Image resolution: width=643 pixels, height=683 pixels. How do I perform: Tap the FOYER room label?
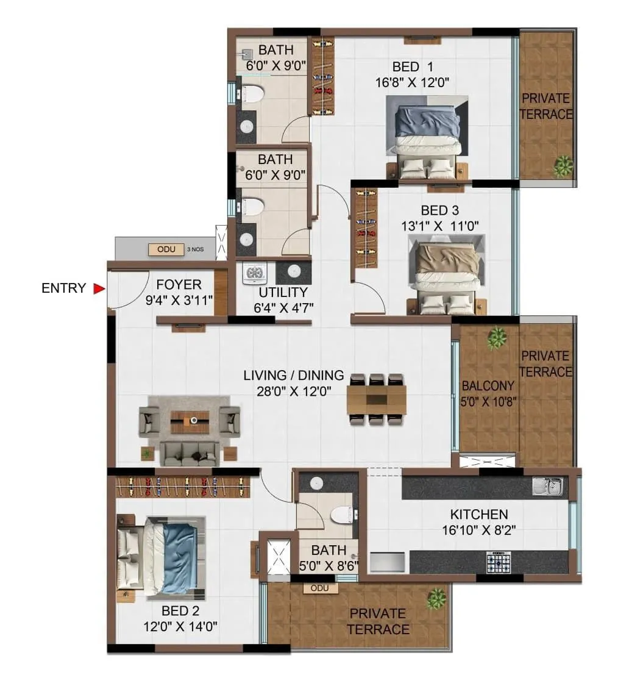179,285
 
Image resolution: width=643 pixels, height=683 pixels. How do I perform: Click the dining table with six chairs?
377,399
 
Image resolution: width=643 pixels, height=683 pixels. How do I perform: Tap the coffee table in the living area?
190,420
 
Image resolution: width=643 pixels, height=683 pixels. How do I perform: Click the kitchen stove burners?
498,562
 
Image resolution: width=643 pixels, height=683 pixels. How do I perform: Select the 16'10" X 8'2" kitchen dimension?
478,530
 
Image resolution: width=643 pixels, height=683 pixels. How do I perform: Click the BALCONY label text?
488,386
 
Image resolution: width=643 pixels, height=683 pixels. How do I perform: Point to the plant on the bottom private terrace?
436,598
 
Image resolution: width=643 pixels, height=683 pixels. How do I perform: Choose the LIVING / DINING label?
293,376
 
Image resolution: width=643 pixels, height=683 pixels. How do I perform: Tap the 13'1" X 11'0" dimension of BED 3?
439,226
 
